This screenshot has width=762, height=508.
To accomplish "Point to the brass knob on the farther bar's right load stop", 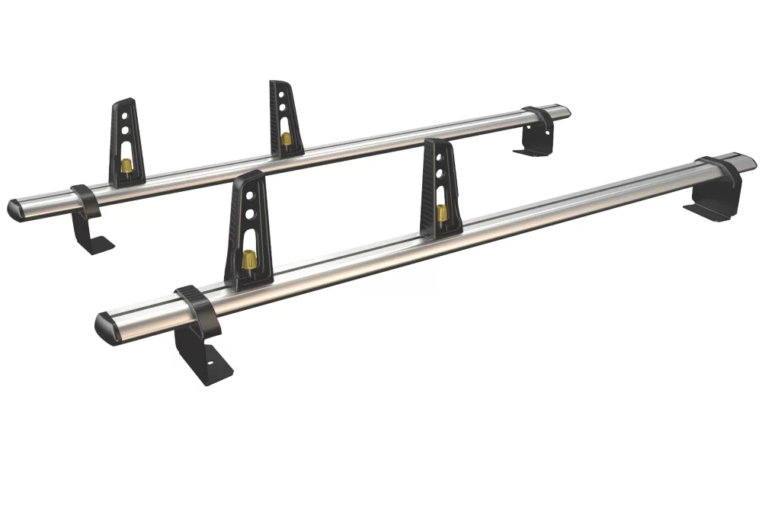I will pyautogui.click(x=286, y=138).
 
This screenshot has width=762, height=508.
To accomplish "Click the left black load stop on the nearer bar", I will pyautogui.click(x=246, y=228).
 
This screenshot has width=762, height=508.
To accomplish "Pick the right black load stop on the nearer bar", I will pyautogui.click(x=440, y=187).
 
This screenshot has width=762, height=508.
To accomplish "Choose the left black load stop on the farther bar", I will pyautogui.click(x=124, y=141).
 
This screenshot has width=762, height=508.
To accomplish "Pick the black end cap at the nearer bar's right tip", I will pyautogui.click(x=749, y=162).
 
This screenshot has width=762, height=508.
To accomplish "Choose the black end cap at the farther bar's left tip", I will pyautogui.click(x=14, y=209).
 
